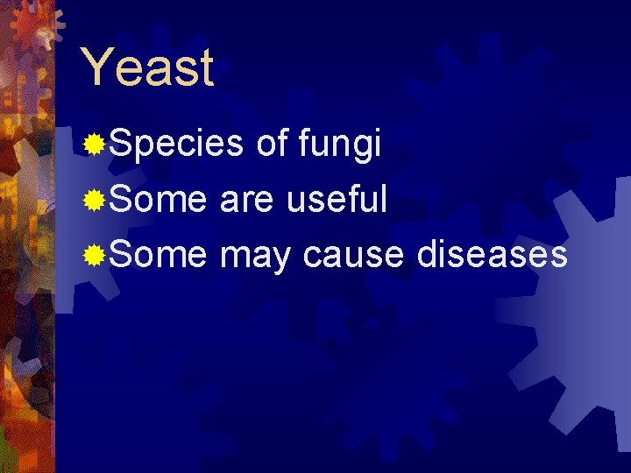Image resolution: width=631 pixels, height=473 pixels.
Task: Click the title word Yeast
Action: pyautogui.click(x=146, y=68)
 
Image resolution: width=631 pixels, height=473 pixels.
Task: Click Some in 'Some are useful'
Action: pyautogui.click(x=158, y=200)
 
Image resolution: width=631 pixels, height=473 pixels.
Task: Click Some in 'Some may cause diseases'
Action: pyautogui.click(x=158, y=255)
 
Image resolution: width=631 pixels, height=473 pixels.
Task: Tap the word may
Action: pyautogui.click(x=255, y=257)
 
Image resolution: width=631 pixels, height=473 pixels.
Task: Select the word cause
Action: pyautogui.click(x=353, y=256)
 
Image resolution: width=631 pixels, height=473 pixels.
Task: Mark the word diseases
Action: pyautogui.click(x=491, y=255)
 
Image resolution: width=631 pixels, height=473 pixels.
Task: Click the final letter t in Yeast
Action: pyautogui.click(x=206, y=69)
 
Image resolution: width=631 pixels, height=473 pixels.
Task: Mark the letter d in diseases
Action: pyautogui.click(x=429, y=255)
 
